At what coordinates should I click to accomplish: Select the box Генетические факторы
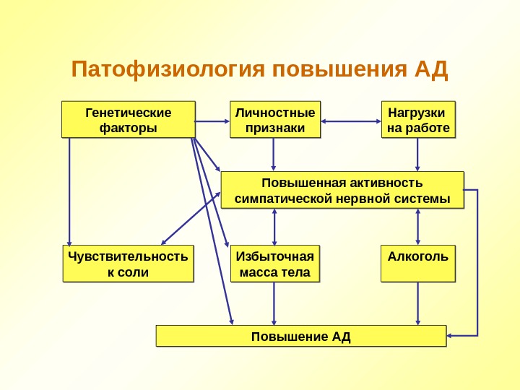pyautogui.click(x=129, y=120)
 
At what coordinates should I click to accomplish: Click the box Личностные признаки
pyautogui.click(x=274, y=120)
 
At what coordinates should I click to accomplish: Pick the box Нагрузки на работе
pyautogui.click(x=418, y=120)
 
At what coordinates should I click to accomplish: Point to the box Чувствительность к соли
pyautogui.click(x=128, y=264)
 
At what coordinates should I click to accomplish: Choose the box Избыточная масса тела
pyautogui.click(x=274, y=264)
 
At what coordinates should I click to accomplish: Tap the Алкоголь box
pyautogui.click(x=418, y=264)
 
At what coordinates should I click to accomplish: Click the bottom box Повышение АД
pyautogui.click(x=301, y=336)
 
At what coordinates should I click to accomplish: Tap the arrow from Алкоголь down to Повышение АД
pyautogui.click(x=418, y=303)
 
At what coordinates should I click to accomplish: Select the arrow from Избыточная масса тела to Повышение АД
pyautogui.click(x=274, y=303)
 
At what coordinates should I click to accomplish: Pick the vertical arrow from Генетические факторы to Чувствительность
pyautogui.click(x=70, y=191)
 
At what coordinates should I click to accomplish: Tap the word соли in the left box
pyautogui.click(x=135, y=272)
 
